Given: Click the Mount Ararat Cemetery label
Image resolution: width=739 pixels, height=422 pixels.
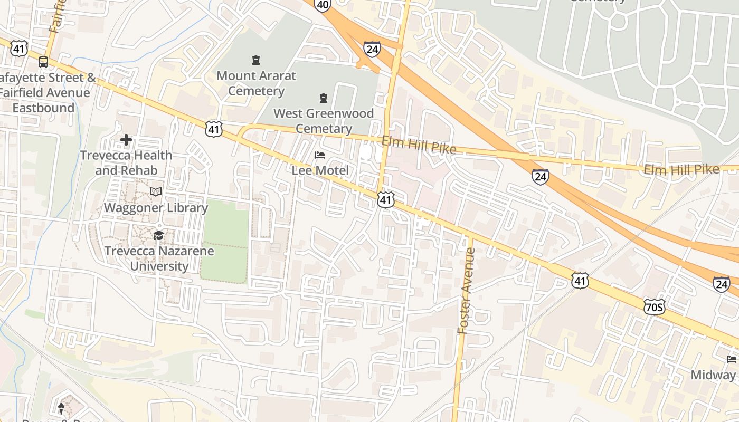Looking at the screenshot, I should pos(256,83).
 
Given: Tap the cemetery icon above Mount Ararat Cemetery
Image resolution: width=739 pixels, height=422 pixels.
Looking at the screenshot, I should pos(256,60).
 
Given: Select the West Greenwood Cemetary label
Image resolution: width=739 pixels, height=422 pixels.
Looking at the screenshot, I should pos(324,121).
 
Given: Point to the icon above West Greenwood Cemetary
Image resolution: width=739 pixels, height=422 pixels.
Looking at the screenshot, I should pos(324,98).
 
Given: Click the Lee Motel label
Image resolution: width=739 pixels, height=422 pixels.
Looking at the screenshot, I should pos(320,170).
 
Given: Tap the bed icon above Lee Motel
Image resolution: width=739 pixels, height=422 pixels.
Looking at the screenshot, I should pos(320,155).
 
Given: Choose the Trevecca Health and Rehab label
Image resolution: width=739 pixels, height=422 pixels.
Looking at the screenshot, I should pos(126,162).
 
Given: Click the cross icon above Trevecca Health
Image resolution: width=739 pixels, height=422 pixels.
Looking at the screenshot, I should pos(126,140).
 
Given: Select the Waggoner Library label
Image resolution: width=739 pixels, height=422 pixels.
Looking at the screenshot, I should pos(156,207).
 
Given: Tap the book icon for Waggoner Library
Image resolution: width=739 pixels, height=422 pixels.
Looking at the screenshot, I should pos(156,191).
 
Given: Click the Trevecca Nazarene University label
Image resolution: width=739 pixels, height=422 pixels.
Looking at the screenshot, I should pos(159,258).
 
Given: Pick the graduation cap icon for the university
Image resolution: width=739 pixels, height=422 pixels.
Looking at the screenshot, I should pos(159,235).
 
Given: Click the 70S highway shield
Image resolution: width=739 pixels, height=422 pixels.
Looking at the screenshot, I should pos(654,306).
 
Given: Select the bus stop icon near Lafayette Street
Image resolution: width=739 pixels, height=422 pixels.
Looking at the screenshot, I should pos(43,62).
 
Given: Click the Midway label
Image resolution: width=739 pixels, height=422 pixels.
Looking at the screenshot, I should pos(714,375).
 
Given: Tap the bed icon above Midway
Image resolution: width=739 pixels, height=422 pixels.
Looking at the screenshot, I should pos(732,359).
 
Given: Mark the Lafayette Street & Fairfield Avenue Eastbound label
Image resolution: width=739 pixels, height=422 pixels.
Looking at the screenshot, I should pos(45,93).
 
